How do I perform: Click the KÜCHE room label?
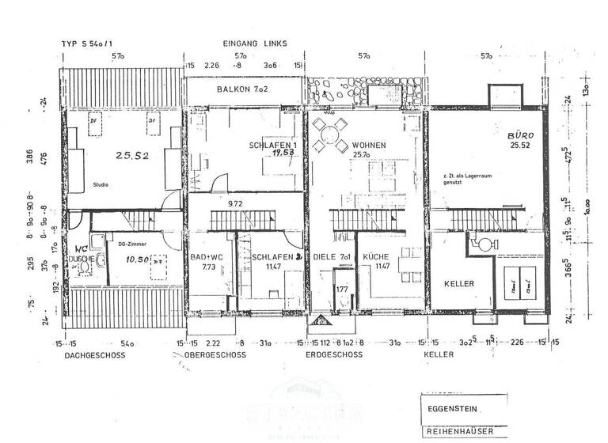376,258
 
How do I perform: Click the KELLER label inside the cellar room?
459,283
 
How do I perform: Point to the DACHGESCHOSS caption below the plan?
92,355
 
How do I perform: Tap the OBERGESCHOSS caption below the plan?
215,355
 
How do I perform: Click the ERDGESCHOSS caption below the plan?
333,355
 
